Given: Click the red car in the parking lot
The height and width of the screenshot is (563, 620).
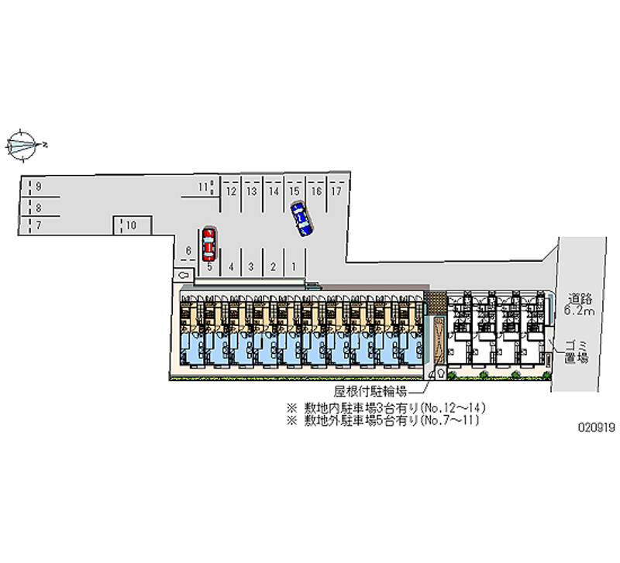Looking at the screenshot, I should (x=208, y=244).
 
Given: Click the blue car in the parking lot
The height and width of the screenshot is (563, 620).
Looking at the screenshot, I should (x=301, y=218).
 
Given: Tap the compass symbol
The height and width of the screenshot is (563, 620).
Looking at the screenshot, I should (x=23, y=145).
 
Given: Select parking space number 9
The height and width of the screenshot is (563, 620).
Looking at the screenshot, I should (x=38, y=187).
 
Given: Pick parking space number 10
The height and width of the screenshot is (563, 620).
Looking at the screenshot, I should (x=132, y=225).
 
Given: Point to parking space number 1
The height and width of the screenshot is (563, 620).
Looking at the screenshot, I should (x=294, y=266).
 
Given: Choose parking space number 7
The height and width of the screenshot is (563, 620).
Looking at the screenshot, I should (x=38, y=225).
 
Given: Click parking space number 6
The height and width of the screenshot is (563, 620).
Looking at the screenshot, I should (x=188, y=250).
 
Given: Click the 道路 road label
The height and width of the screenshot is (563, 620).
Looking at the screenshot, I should (x=579, y=298).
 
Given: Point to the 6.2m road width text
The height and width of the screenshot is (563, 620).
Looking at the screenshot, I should (x=579, y=311).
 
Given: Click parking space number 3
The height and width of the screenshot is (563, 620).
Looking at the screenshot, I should (x=251, y=266).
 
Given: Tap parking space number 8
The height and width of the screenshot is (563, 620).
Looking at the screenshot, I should (x=38, y=207).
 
